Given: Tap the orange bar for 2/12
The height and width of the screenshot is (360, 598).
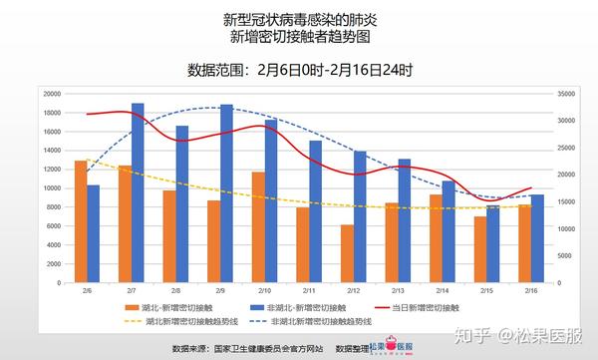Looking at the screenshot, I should click(x=347, y=253).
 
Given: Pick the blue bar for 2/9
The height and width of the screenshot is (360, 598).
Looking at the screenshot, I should click(x=227, y=193).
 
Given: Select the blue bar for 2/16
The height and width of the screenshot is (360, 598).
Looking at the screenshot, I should click(x=537, y=238).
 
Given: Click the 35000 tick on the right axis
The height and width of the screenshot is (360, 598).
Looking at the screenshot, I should click(x=564, y=93).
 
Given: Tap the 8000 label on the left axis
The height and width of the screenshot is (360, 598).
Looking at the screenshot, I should click(x=54, y=207).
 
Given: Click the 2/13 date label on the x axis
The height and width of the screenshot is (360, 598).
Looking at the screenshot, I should click(x=398, y=289).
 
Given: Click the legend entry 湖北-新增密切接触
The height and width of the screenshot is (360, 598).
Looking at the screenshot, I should click(x=172, y=308).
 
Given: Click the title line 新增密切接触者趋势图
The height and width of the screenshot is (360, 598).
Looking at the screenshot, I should click(x=299, y=38).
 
